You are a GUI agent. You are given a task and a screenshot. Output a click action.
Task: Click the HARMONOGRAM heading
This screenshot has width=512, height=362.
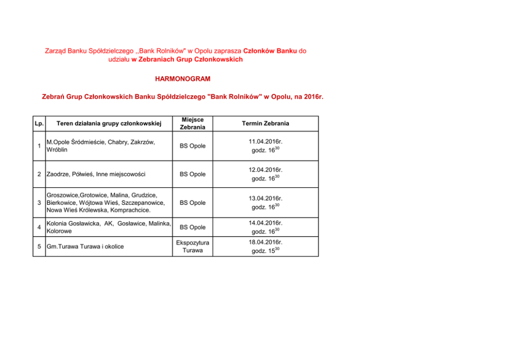tap(183, 79)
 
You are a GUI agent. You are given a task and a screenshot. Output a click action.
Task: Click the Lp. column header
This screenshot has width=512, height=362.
tap(39, 124)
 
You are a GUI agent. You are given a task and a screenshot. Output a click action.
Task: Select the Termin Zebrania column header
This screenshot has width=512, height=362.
tap(265, 124)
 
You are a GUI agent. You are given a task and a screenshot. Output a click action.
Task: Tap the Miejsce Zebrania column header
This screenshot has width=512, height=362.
tap(193, 123)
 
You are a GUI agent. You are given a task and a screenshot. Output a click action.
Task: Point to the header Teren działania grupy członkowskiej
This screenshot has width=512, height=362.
tap(109, 124)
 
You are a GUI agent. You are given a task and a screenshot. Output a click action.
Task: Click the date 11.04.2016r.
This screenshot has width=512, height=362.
tap(265, 141)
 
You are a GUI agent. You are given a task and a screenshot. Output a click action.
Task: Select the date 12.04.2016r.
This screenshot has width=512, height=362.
tap(265, 170)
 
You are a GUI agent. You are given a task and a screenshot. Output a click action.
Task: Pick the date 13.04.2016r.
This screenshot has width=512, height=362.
tap(265, 198)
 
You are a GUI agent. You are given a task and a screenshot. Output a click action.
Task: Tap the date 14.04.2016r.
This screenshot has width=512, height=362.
tap(265, 223)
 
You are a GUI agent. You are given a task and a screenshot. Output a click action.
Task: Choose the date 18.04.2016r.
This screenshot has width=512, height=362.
tap(265, 242)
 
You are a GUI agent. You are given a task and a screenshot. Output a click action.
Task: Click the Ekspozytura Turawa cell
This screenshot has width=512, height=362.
tap(193, 246)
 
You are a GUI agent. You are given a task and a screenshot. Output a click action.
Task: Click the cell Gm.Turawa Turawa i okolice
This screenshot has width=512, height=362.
tap(85, 246)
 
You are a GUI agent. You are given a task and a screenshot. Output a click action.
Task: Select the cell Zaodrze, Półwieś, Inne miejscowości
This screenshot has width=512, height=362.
tap(96, 174)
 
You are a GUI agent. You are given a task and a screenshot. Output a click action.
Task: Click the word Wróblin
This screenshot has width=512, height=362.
tap(56, 150)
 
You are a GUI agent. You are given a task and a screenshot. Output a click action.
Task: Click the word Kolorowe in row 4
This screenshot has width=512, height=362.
tap(59, 232)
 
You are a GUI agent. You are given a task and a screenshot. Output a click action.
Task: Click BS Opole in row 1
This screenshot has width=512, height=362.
tap(193, 146)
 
